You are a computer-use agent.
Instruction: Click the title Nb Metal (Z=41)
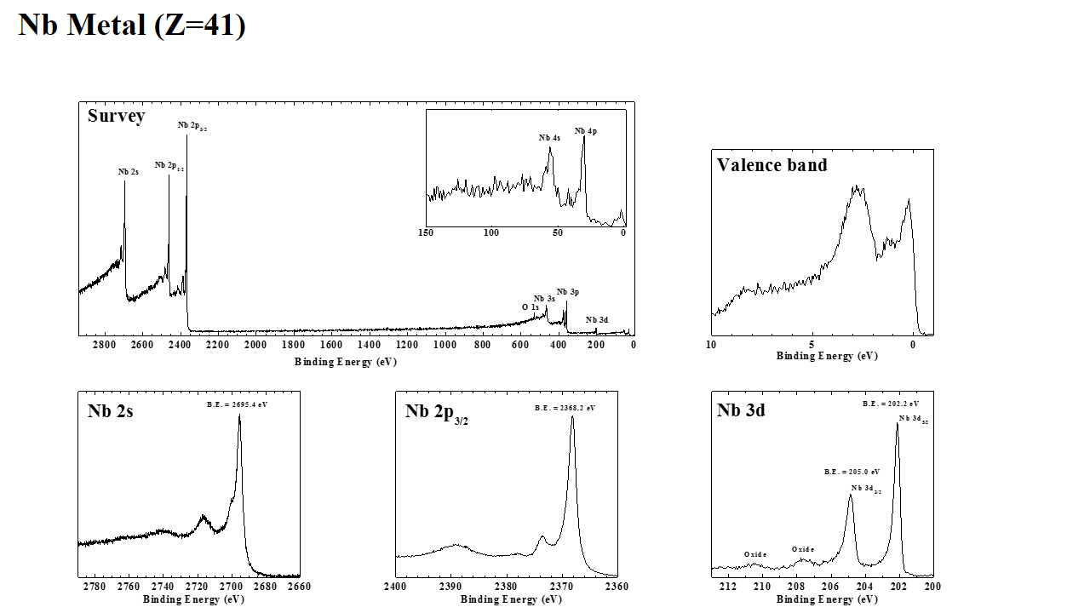click(132, 25)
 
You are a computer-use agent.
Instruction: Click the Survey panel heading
click(116, 116)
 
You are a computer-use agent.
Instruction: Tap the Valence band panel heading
click(772, 165)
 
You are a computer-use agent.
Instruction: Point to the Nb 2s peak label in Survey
click(128, 172)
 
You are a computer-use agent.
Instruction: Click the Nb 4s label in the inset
click(549, 138)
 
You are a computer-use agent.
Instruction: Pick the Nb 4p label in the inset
click(585, 131)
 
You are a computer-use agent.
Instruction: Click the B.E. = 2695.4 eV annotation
click(238, 404)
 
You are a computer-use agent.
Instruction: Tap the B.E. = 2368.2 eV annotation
click(565, 408)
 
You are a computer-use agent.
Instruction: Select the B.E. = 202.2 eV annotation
click(890, 404)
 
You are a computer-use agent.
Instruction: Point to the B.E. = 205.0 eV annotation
click(852, 472)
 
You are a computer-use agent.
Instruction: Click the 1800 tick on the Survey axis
click(293, 345)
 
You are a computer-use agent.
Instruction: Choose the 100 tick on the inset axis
click(491, 232)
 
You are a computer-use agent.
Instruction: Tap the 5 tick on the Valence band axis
click(812, 345)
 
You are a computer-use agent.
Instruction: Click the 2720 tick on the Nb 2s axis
click(197, 587)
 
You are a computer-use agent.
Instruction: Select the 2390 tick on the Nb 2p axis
click(450, 587)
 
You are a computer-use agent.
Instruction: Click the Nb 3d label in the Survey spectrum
click(597, 320)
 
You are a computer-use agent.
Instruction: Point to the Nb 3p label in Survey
click(568, 292)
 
